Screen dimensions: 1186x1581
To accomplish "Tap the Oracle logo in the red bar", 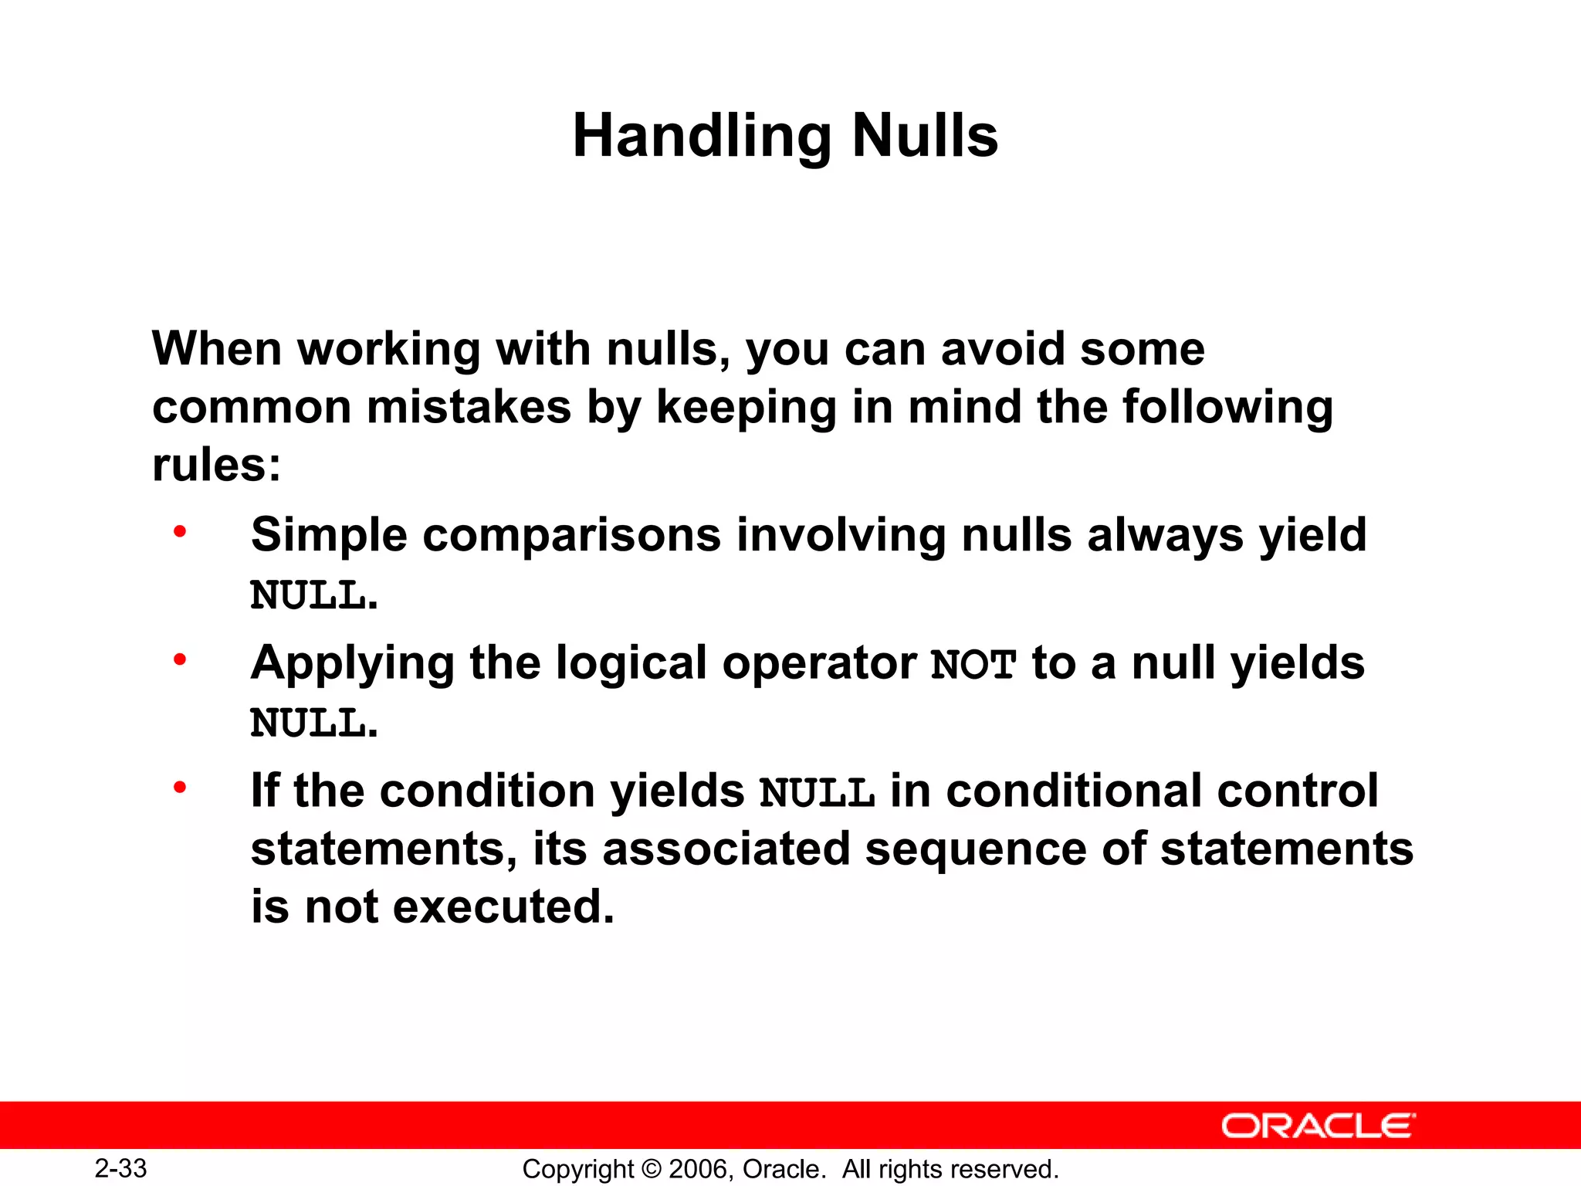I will click(x=1318, y=1126).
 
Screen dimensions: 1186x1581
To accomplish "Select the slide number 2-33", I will click(x=121, y=1168).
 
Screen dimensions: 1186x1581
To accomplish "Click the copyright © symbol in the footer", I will click(x=652, y=1169).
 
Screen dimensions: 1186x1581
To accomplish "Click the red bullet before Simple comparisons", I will click(x=180, y=532).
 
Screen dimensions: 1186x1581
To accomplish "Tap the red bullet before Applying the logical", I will click(x=180, y=660).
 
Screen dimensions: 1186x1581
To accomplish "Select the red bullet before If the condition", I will click(x=180, y=788).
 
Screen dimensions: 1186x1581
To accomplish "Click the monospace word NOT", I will click(x=973, y=665).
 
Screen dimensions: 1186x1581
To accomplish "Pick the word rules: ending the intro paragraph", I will click(x=216, y=465).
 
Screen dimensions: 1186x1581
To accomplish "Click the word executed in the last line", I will click(x=503, y=906).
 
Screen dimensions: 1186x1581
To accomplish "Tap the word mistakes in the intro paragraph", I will click(x=469, y=407).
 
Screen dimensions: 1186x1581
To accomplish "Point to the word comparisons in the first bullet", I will click(x=571, y=534).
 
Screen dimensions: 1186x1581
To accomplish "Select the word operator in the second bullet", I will click(x=818, y=662).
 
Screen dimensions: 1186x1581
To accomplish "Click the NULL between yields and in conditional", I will click(x=817, y=793).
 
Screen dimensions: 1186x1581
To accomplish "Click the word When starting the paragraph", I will click(x=216, y=349).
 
